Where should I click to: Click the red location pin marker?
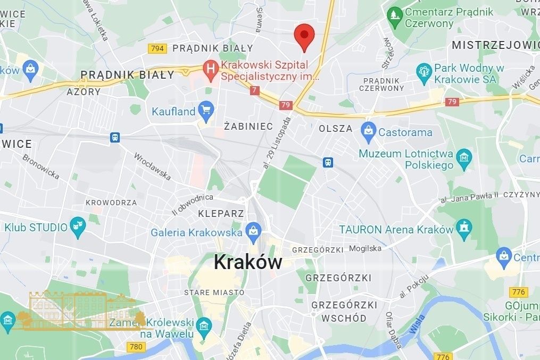point(304,35)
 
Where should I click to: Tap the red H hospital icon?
point(211,69)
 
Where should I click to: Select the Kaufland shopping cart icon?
point(205,111)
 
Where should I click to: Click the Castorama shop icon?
point(368,131)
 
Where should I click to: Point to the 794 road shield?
point(157,48)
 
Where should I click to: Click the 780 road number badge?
point(136,347)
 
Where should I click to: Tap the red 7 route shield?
point(254,91)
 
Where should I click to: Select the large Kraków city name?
point(247,262)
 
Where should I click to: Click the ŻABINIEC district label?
point(248,127)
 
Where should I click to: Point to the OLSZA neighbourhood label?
point(335,129)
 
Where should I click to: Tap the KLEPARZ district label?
point(221,214)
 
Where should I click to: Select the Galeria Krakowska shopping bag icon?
point(252,232)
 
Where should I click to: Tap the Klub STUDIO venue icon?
point(78,227)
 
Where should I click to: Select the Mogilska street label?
point(365,248)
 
